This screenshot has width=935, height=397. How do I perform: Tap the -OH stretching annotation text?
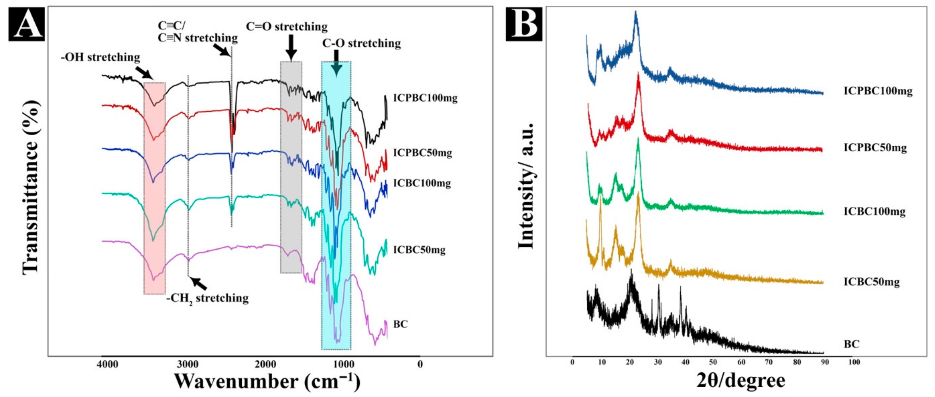(100, 57)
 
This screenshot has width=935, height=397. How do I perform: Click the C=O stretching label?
(287, 27)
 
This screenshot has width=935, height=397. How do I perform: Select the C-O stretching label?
(362, 43)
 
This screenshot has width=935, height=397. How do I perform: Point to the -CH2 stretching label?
(208, 298)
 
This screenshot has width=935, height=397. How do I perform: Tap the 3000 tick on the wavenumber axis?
(188, 364)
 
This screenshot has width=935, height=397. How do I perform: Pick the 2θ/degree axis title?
(740, 380)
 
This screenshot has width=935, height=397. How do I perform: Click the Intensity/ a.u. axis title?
(526, 186)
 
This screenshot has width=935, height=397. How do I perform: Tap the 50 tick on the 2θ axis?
(713, 362)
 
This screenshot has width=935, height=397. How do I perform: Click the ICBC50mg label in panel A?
(419, 250)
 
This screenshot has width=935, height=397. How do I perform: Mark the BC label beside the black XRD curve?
(851, 344)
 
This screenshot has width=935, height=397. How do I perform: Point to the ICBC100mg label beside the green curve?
(874, 211)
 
